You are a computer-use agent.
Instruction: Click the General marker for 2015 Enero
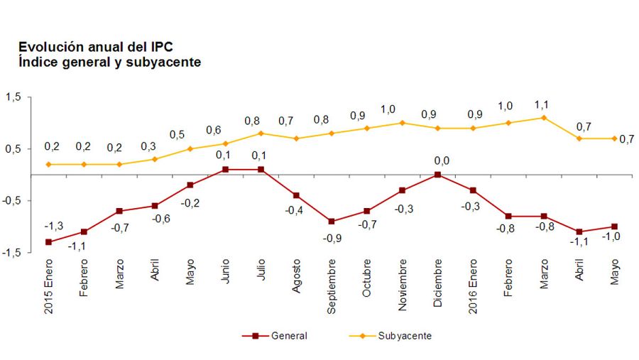[48, 242]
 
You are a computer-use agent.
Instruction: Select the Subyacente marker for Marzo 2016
[544, 118]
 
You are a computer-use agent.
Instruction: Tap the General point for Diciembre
[437, 175]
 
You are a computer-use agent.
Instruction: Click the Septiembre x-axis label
[332, 288]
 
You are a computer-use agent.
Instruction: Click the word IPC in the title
[160, 47]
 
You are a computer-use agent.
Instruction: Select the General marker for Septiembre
[332, 222]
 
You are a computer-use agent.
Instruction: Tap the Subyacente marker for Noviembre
[403, 123]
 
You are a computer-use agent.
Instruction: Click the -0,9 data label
[332, 239]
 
